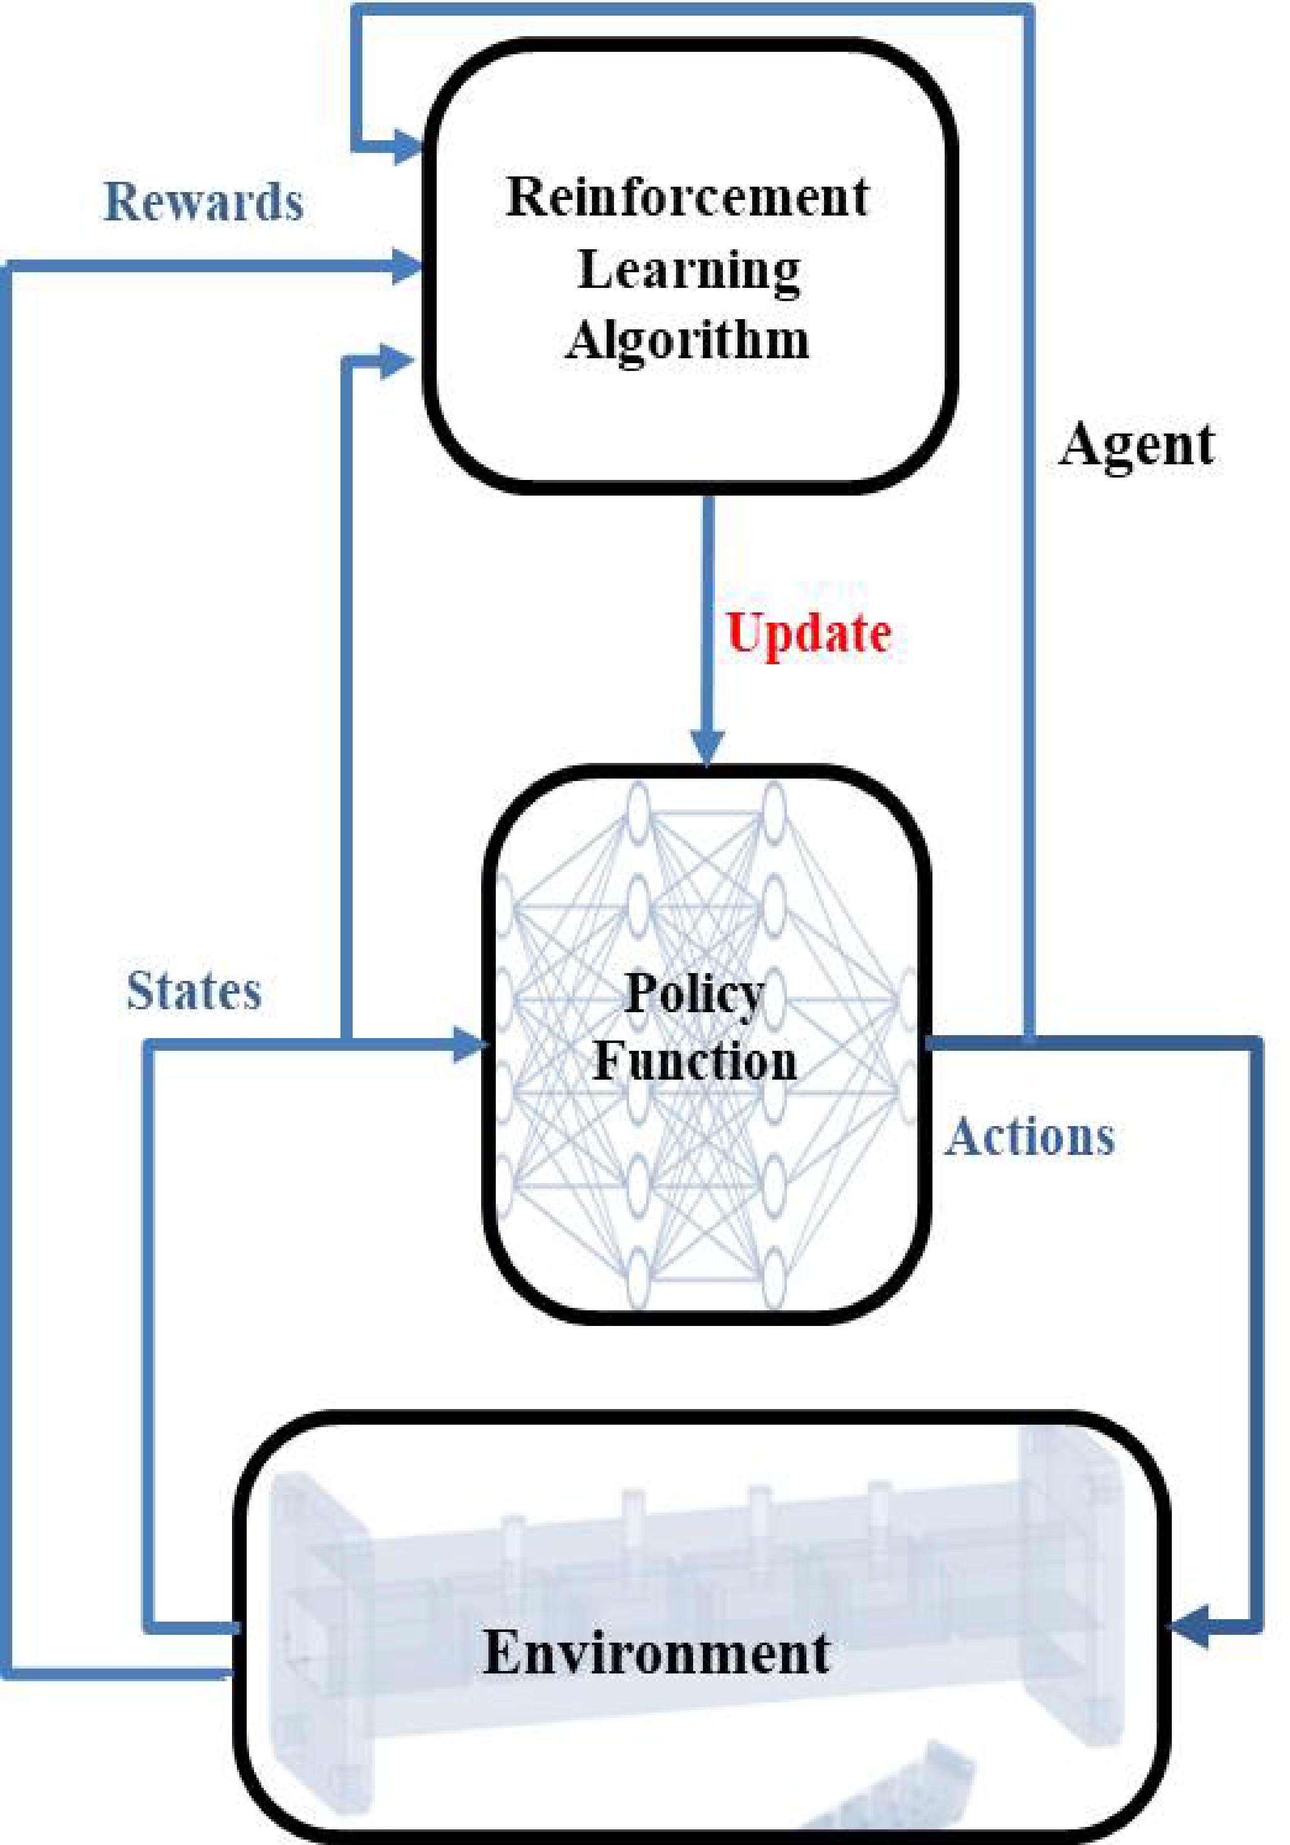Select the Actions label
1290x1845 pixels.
pyautogui.click(x=1030, y=1137)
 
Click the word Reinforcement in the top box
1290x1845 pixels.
pyautogui.click(x=688, y=197)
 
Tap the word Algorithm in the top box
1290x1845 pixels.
pyautogui.click(x=688, y=340)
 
